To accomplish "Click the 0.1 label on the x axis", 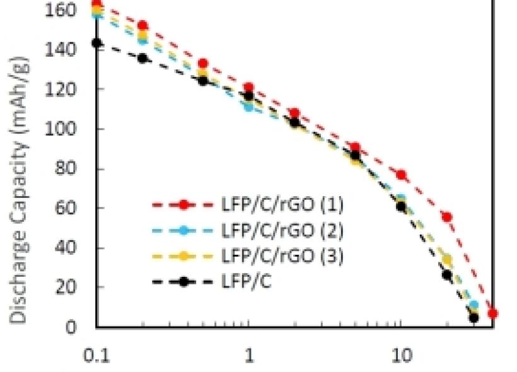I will click(x=96, y=356).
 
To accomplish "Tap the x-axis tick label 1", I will click(x=250, y=356).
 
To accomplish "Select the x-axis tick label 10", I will click(x=402, y=356).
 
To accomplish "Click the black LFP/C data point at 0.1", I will click(x=96, y=44).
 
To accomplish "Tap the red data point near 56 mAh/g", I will click(x=446, y=217).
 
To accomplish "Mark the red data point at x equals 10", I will click(x=401, y=175).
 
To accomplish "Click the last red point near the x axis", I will click(x=492, y=313).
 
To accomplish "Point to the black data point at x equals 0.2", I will click(x=142, y=58).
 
